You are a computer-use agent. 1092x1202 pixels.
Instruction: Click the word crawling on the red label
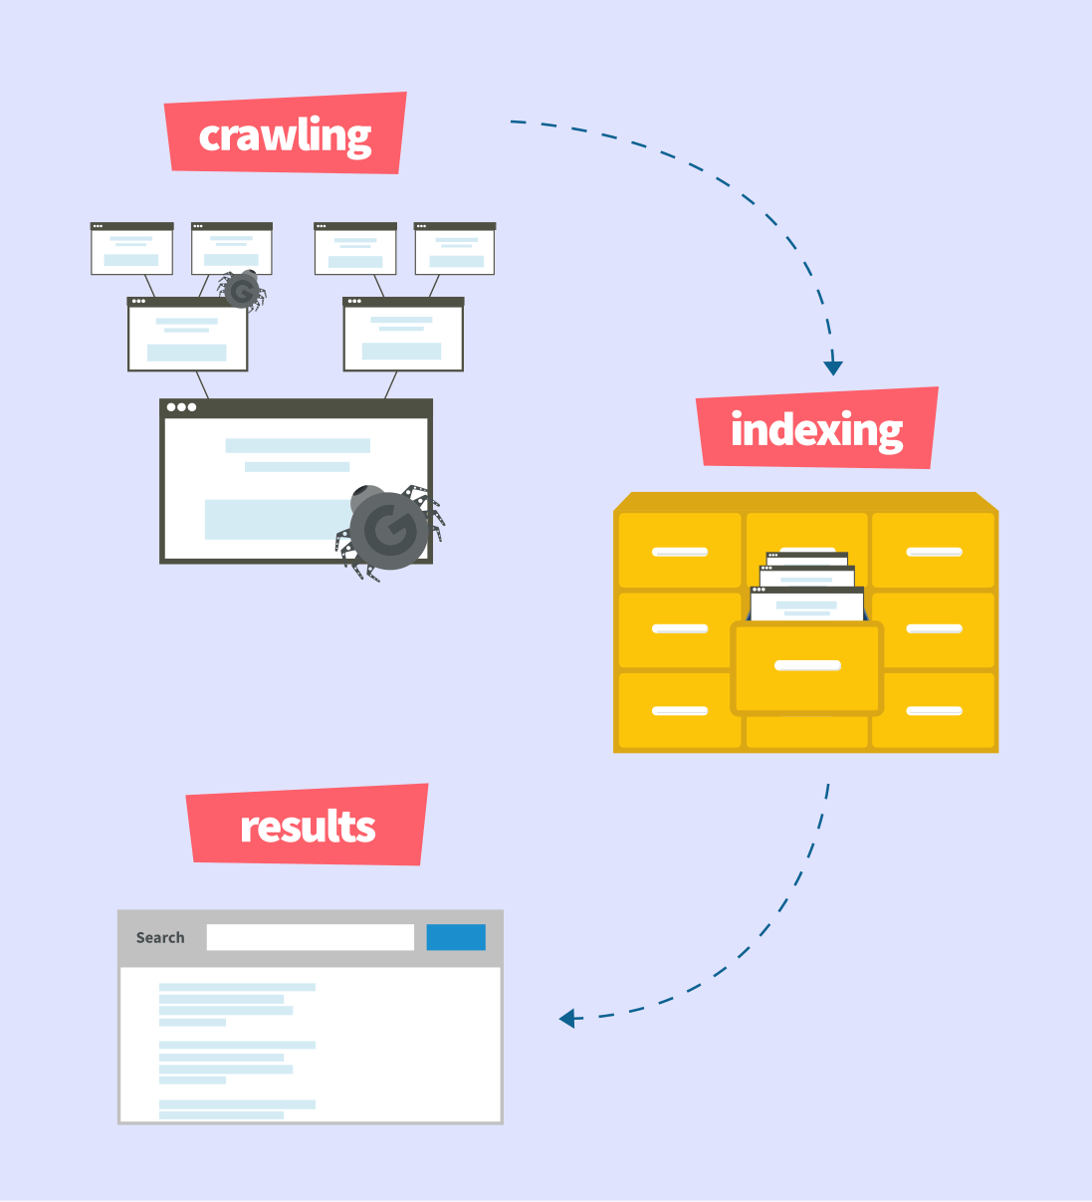click(285, 136)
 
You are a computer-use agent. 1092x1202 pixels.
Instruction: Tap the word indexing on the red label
click(817, 431)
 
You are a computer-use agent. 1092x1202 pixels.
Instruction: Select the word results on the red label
click(308, 827)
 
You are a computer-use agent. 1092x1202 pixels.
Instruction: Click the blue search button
click(456, 937)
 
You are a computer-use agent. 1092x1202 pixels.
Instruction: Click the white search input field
click(311, 937)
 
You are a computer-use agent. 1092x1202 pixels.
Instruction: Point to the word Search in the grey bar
click(160, 938)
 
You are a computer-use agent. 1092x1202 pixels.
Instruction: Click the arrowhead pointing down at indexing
click(833, 367)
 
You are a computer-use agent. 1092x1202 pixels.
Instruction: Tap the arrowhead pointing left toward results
click(566, 1018)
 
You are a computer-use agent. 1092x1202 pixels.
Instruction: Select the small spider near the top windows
click(242, 291)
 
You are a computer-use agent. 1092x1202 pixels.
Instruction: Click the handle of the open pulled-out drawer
click(807, 665)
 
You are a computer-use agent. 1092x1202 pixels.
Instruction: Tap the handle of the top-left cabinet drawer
click(680, 552)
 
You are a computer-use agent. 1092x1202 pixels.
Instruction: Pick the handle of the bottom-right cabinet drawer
click(935, 711)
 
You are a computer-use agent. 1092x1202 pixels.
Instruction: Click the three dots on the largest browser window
click(181, 407)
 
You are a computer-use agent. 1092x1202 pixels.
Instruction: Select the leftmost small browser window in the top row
click(131, 249)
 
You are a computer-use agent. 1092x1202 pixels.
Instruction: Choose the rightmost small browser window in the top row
click(455, 249)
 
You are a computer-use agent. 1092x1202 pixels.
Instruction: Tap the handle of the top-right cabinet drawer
click(935, 552)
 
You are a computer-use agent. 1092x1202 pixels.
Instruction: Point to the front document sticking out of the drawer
click(807, 604)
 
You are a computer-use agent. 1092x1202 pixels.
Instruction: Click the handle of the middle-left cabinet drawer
click(680, 628)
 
